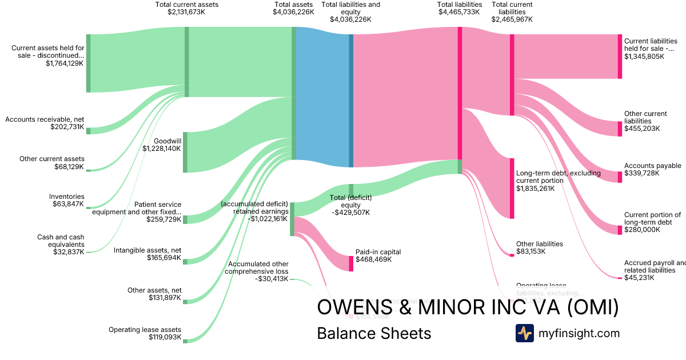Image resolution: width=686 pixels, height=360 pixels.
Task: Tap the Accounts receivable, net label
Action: point(45,119)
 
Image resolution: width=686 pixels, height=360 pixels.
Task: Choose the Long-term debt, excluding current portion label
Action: point(558,177)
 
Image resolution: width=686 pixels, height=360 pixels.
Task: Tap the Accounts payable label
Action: point(652,166)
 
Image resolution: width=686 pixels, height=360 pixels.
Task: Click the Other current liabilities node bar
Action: point(620,129)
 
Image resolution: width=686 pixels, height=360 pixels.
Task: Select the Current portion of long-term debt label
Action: point(652,219)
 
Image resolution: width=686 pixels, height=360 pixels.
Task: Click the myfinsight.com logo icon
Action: point(524,333)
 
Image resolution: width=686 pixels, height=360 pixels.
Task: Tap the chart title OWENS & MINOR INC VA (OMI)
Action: point(468,307)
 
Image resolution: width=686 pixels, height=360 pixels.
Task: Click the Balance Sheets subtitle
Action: point(374,333)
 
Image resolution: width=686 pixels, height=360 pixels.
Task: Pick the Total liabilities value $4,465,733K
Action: point(459,12)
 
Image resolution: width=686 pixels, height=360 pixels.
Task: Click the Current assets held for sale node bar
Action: point(88,63)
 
